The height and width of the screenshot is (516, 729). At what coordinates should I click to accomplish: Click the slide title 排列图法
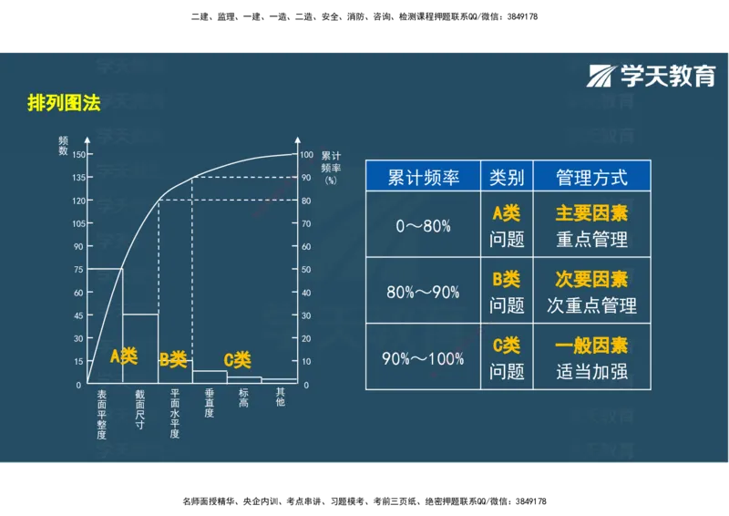(x=64, y=102)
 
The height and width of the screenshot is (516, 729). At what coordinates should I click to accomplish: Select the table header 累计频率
(x=423, y=177)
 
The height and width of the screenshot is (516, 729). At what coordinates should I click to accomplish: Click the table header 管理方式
(x=591, y=177)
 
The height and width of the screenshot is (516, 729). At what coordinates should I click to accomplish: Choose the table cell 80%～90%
(x=423, y=293)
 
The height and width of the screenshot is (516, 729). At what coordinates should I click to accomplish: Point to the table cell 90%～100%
(x=423, y=358)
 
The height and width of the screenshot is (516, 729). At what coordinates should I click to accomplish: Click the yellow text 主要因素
(x=591, y=213)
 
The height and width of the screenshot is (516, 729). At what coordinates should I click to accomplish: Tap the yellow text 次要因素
(x=591, y=279)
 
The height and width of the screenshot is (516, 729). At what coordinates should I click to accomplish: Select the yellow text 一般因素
(x=591, y=346)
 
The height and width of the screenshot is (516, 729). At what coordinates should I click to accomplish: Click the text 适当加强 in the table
(x=591, y=372)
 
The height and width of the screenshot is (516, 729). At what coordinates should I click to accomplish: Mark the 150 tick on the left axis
(x=77, y=154)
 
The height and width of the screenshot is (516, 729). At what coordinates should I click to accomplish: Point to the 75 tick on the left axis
(x=77, y=269)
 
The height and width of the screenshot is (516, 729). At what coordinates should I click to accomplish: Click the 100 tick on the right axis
(x=307, y=154)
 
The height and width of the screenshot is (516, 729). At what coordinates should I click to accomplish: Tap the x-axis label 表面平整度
(x=102, y=413)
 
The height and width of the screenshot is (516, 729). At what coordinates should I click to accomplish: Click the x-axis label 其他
(x=280, y=397)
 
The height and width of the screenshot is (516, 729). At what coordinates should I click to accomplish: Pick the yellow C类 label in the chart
(x=237, y=360)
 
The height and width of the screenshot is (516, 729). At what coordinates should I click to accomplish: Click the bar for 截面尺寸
(x=140, y=347)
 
